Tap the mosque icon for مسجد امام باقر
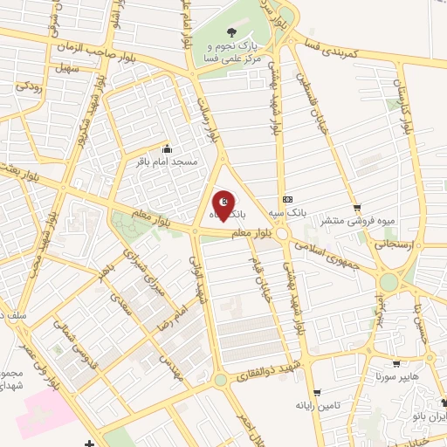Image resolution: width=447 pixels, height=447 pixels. pos(167,148)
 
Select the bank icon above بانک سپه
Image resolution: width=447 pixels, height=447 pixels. pos(288,198)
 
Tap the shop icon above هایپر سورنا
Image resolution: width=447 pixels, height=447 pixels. pos(398,363)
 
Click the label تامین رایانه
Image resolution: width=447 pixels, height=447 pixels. pos(316,405)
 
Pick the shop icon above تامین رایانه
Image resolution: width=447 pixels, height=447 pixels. pos(316,391)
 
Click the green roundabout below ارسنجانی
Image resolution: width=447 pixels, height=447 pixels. pos(389,281)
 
